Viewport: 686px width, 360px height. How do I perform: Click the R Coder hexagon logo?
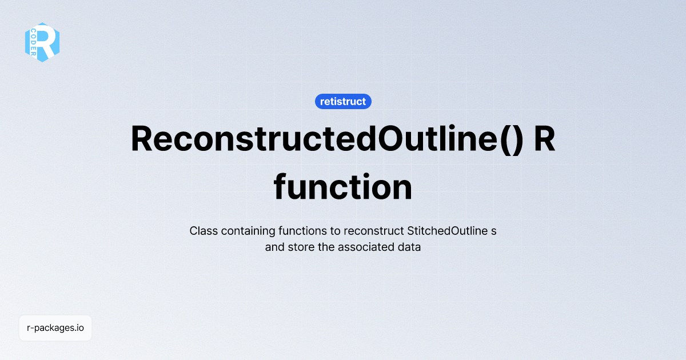pyautogui.click(x=42, y=42)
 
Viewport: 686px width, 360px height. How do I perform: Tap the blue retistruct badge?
pyautogui.click(x=343, y=102)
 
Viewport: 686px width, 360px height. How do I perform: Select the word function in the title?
pyautogui.click(x=343, y=187)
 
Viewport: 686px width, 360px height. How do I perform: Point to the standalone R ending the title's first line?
pyautogui.click(x=544, y=139)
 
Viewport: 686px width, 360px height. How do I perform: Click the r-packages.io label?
pyautogui.click(x=55, y=328)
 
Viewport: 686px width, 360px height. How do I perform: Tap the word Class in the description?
pyautogui.click(x=202, y=231)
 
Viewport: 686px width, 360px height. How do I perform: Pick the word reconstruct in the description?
pyautogui.click(x=374, y=231)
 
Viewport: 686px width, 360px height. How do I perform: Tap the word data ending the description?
pyautogui.click(x=410, y=248)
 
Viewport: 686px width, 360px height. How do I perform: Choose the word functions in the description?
pyautogui.click(x=296, y=231)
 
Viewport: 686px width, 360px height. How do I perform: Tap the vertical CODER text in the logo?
pyautogui.click(x=34, y=42)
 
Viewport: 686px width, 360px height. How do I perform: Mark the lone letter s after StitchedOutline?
pyautogui.click(x=493, y=231)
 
